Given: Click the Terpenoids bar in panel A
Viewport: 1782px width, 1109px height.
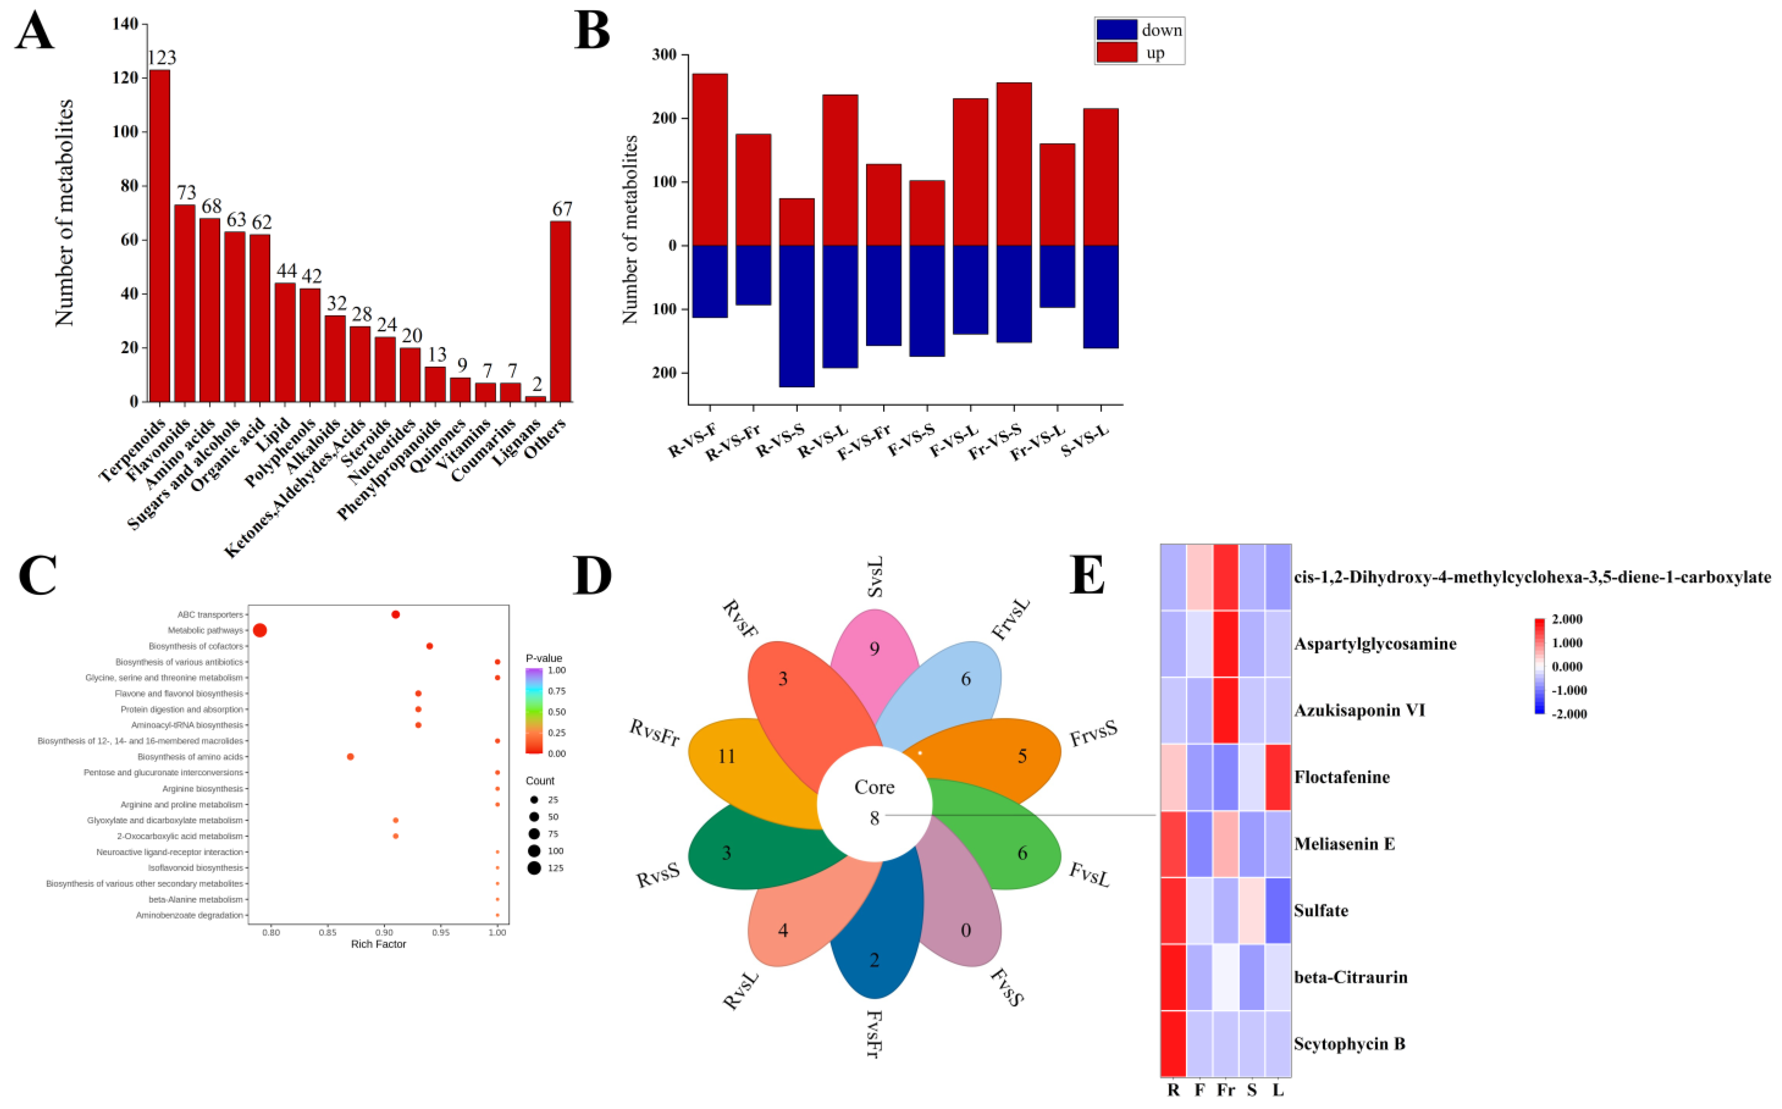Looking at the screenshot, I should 160,235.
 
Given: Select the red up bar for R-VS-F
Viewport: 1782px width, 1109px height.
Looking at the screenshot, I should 710,159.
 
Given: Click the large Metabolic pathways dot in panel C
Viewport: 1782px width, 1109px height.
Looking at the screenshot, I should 260,630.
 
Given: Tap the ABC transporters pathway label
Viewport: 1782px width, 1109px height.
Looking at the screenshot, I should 210,615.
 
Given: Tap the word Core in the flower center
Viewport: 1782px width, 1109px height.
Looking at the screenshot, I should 874,787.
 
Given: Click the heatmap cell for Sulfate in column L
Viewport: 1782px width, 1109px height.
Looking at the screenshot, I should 1278,910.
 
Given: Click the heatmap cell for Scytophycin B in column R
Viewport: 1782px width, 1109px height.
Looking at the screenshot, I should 1173,1043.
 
